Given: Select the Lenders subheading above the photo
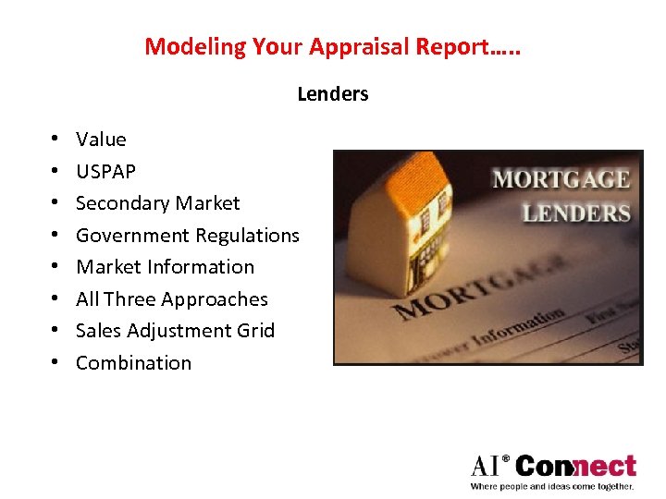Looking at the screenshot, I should click(x=333, y=94).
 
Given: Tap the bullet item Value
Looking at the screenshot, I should click(x=101, y=140).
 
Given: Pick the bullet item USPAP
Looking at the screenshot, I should click(x=105, y=172).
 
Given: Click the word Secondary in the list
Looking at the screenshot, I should click(x=118, y=203).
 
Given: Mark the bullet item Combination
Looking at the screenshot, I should click(x=133, y=363).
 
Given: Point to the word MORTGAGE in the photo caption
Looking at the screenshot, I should click(x=561, y=179).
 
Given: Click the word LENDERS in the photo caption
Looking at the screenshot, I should click(x=575, y=213).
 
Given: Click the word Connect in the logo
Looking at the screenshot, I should click(x=575, y=465).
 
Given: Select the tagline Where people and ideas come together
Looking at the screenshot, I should click(x=552, y=486).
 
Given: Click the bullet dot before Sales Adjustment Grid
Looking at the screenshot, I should click(x=56, y=331).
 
